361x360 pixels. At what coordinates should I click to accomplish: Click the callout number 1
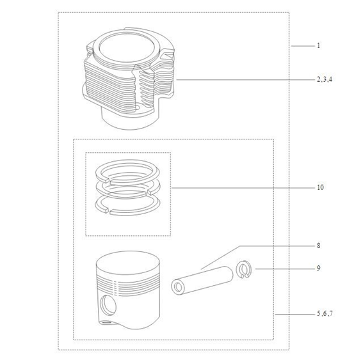click(x=319, y=45)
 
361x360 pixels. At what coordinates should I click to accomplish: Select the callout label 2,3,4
click(x=325, y=79)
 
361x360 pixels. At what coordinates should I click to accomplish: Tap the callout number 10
click(x=320, y=187)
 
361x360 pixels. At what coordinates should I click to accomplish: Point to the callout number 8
click(x=319, y=246)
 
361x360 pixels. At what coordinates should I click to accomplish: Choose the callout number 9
click(x=319, y=268)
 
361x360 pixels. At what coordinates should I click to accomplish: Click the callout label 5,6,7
click(x=325, y=313)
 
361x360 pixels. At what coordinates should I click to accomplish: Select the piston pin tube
click(x=202, y=281)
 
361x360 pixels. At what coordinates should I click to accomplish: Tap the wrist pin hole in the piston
click(x=108, y=306)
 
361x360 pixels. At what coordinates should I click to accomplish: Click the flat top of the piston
click(x=128, y=264)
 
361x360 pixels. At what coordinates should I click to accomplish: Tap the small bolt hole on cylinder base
click(x=138, y=107)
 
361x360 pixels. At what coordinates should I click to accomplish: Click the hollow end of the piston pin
click(x=178, y=287)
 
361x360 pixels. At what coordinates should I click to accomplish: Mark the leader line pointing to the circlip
click(x=285, y=269)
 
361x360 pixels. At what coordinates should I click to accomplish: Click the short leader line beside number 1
click(x=303, y=46)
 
